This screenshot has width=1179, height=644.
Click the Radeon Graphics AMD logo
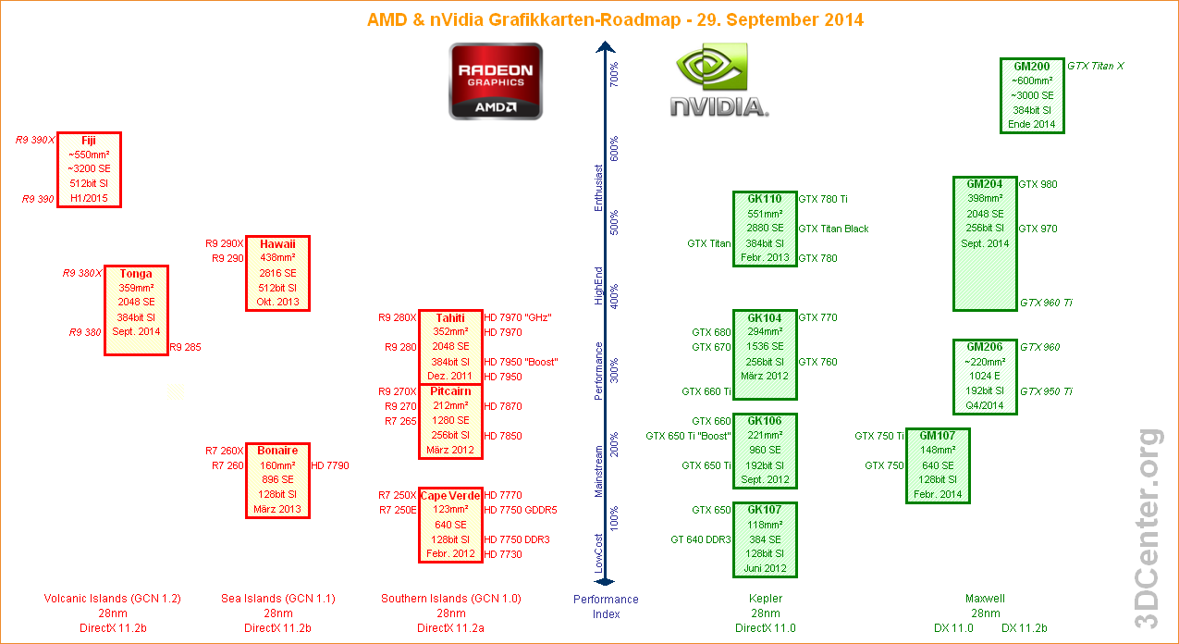coord(496,81)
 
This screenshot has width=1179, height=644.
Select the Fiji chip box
coord(89,169)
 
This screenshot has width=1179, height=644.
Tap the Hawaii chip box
coord(277,273)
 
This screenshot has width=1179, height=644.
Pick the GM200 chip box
coord(1032,95)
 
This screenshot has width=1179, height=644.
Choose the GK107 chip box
coord(765,539)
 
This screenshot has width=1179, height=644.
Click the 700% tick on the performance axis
coord(614,73)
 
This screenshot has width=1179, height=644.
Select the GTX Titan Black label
coord(833,229)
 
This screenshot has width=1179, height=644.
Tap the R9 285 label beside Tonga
coord(185,347)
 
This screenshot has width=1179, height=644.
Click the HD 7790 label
coord(330,465)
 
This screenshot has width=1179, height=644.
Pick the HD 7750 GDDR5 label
coord(521,510)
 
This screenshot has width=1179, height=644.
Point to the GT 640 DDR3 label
coord(701,539)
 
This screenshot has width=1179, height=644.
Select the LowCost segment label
coord(598,553)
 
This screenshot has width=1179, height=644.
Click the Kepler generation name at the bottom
coord(765,599)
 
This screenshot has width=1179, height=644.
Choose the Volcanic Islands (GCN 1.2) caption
coord(113,599)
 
